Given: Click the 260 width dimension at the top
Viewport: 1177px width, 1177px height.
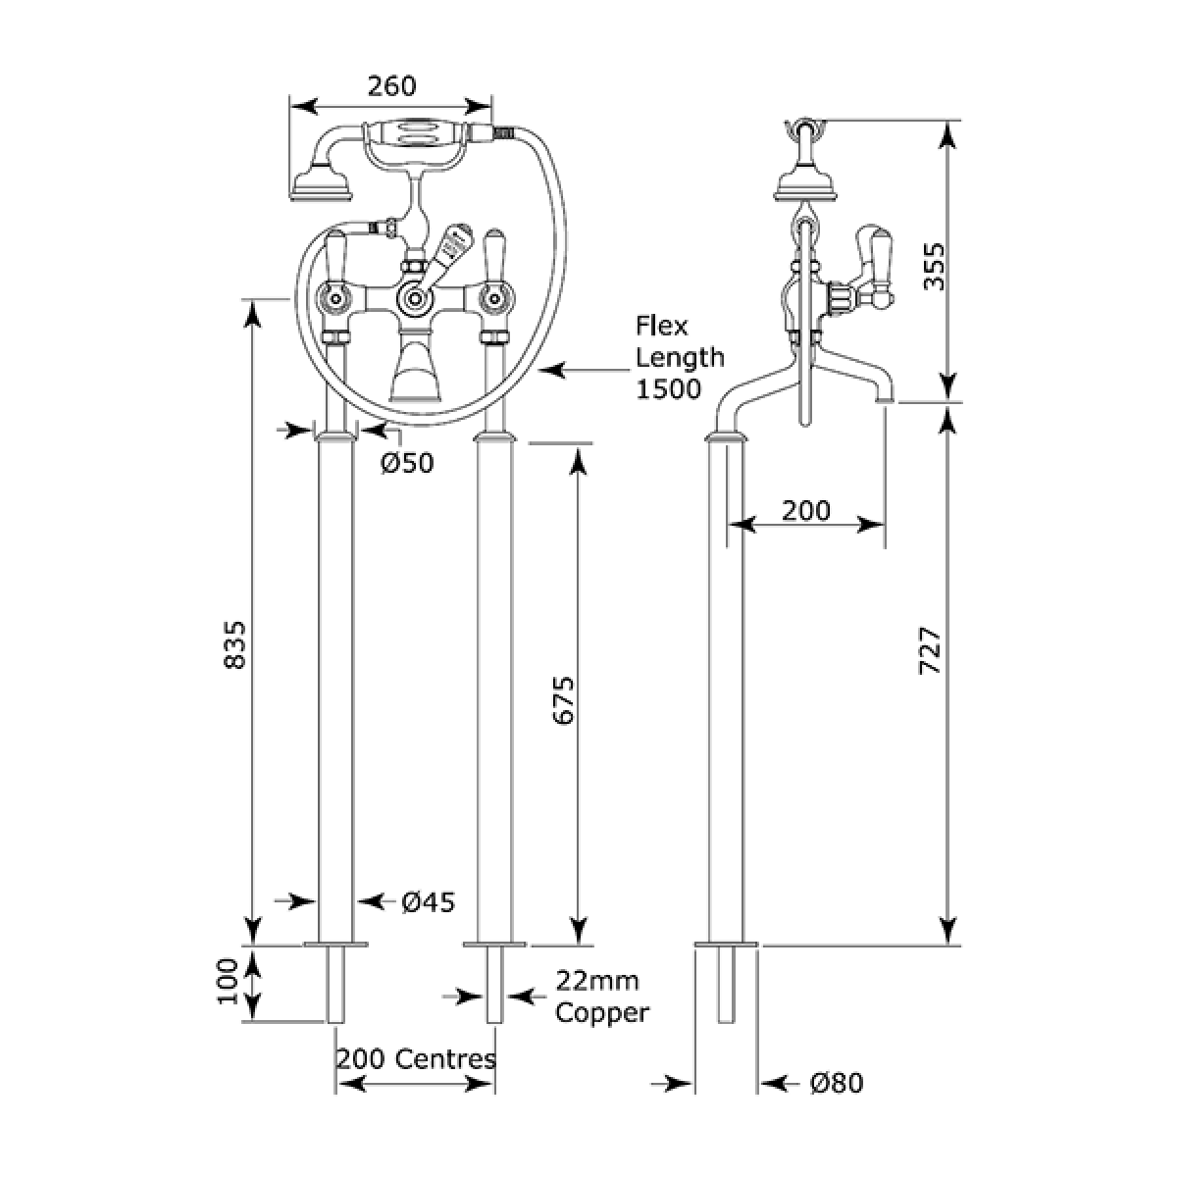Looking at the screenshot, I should coord(391,86).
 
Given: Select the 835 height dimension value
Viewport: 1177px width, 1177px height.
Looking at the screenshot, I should coord(234,645).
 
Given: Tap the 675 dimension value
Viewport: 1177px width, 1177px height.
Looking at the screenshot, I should coord(562,698).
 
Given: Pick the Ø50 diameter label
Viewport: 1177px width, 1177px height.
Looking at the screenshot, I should coord(406,463).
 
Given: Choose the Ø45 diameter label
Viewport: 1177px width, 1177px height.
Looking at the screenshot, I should coord(429,901).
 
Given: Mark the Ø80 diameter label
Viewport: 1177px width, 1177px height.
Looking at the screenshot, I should coord(837,1084).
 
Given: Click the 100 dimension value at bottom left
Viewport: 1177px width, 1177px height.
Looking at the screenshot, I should coord(229,982).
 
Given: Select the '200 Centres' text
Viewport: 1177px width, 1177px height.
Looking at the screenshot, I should coord(416,1059).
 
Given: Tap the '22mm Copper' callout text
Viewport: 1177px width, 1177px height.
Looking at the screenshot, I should coord(602,997).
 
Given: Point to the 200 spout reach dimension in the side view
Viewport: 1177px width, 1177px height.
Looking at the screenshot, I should coord(806,510).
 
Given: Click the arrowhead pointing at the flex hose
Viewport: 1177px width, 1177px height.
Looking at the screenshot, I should coord(550,371).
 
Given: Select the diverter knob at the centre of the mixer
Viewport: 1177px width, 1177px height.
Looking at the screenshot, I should coord(413,295).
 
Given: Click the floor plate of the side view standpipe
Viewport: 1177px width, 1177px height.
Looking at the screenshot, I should coord(727,946).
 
